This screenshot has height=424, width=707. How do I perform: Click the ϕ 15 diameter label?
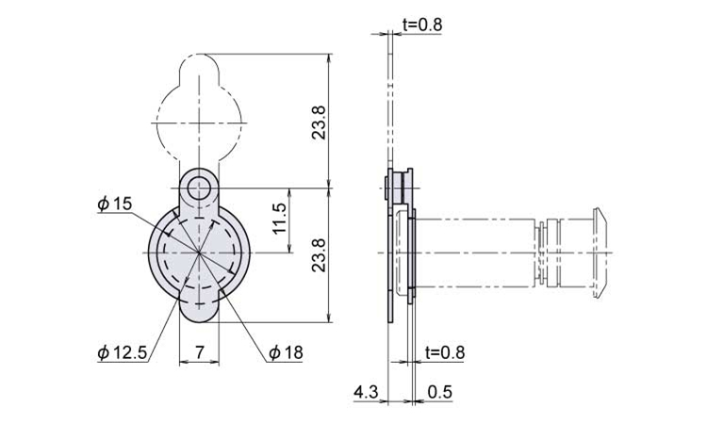click(115, 204)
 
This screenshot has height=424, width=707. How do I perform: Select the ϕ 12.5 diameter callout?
click(123, 352)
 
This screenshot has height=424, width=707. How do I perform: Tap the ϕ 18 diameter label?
click(286, 352)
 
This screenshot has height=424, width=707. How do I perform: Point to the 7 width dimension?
click(199, 351)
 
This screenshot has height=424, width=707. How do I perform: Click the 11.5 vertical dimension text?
click(280, 218)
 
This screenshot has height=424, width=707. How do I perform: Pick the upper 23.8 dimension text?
click(320, 122)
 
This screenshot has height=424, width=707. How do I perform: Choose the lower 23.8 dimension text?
click(320, 255)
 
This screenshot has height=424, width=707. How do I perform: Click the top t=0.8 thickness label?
click(422, 24)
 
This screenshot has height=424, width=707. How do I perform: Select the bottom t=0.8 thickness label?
click(445, 352)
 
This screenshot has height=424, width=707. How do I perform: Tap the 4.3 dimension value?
click(366, 392)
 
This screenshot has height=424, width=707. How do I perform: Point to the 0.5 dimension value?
click(439, 392)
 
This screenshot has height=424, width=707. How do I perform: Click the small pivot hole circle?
click(199, 188)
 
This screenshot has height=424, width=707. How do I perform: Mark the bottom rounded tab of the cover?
click(199, 311)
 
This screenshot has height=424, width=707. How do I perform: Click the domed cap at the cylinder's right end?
click(600, 253)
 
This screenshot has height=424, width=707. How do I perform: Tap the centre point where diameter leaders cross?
click(199, 253)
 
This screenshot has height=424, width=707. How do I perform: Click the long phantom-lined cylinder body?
click(474, 253)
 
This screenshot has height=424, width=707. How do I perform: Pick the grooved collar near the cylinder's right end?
click(548, 253)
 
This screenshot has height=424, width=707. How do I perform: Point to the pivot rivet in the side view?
click(399, 188)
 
